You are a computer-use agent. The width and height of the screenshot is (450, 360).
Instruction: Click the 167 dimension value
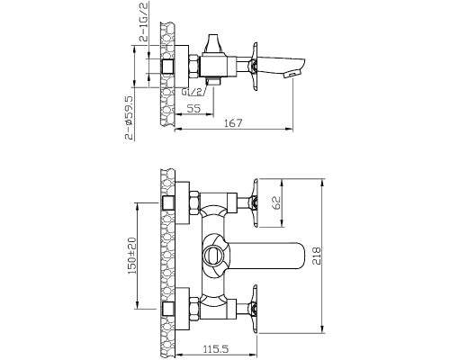click(233, 123)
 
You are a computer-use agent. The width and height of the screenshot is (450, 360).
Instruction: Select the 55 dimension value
click(193, 108)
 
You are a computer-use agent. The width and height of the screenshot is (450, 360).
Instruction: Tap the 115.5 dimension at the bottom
click(216, 349)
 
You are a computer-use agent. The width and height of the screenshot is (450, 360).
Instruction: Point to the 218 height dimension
click(317, 256)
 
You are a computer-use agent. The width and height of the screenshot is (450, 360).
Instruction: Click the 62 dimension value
click(276, 202)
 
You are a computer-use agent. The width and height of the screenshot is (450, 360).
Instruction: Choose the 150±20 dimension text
click(132, 256)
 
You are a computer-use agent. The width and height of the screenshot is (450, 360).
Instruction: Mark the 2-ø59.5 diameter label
click(129, 118)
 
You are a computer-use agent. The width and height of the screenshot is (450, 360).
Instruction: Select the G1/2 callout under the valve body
click(193, 92)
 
